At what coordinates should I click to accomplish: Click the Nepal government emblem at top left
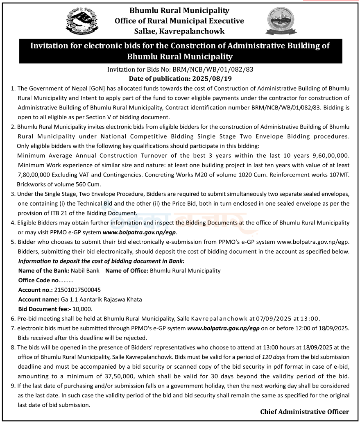(x=82, y=22)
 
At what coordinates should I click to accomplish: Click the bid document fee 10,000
(x=82, y=309)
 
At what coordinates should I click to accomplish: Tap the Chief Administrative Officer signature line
(x=304, y=412)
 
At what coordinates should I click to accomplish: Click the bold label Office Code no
(x=39, y=280)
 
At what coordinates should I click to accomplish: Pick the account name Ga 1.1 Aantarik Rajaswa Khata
(x=101, y=299)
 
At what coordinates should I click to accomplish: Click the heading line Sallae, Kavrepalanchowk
(x=179, y=31)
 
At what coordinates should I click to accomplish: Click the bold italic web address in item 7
(x=223, y=328)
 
